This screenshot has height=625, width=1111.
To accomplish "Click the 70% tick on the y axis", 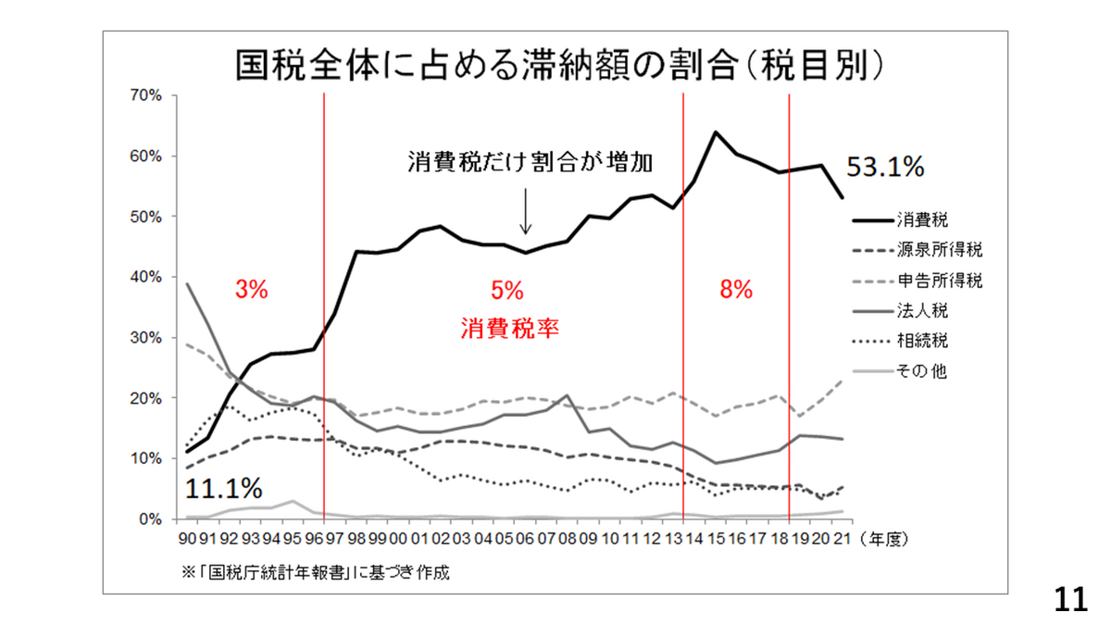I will [x=147, y=95].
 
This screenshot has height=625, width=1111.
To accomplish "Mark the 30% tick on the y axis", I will [x=147, y=338].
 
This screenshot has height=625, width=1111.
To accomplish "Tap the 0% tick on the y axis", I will [x=151, y=519].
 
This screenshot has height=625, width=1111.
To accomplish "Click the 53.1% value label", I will [x=885, y=168].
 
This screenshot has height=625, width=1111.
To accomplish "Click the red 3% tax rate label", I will [x=251, y=290].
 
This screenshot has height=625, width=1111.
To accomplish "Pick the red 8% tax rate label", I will [x=736, y=290].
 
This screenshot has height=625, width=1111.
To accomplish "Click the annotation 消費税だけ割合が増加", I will [x=531, y=162].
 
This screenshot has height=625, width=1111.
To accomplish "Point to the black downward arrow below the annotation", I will [x=525, y=211].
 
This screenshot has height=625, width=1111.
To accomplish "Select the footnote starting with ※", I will [x=316, y=571].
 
